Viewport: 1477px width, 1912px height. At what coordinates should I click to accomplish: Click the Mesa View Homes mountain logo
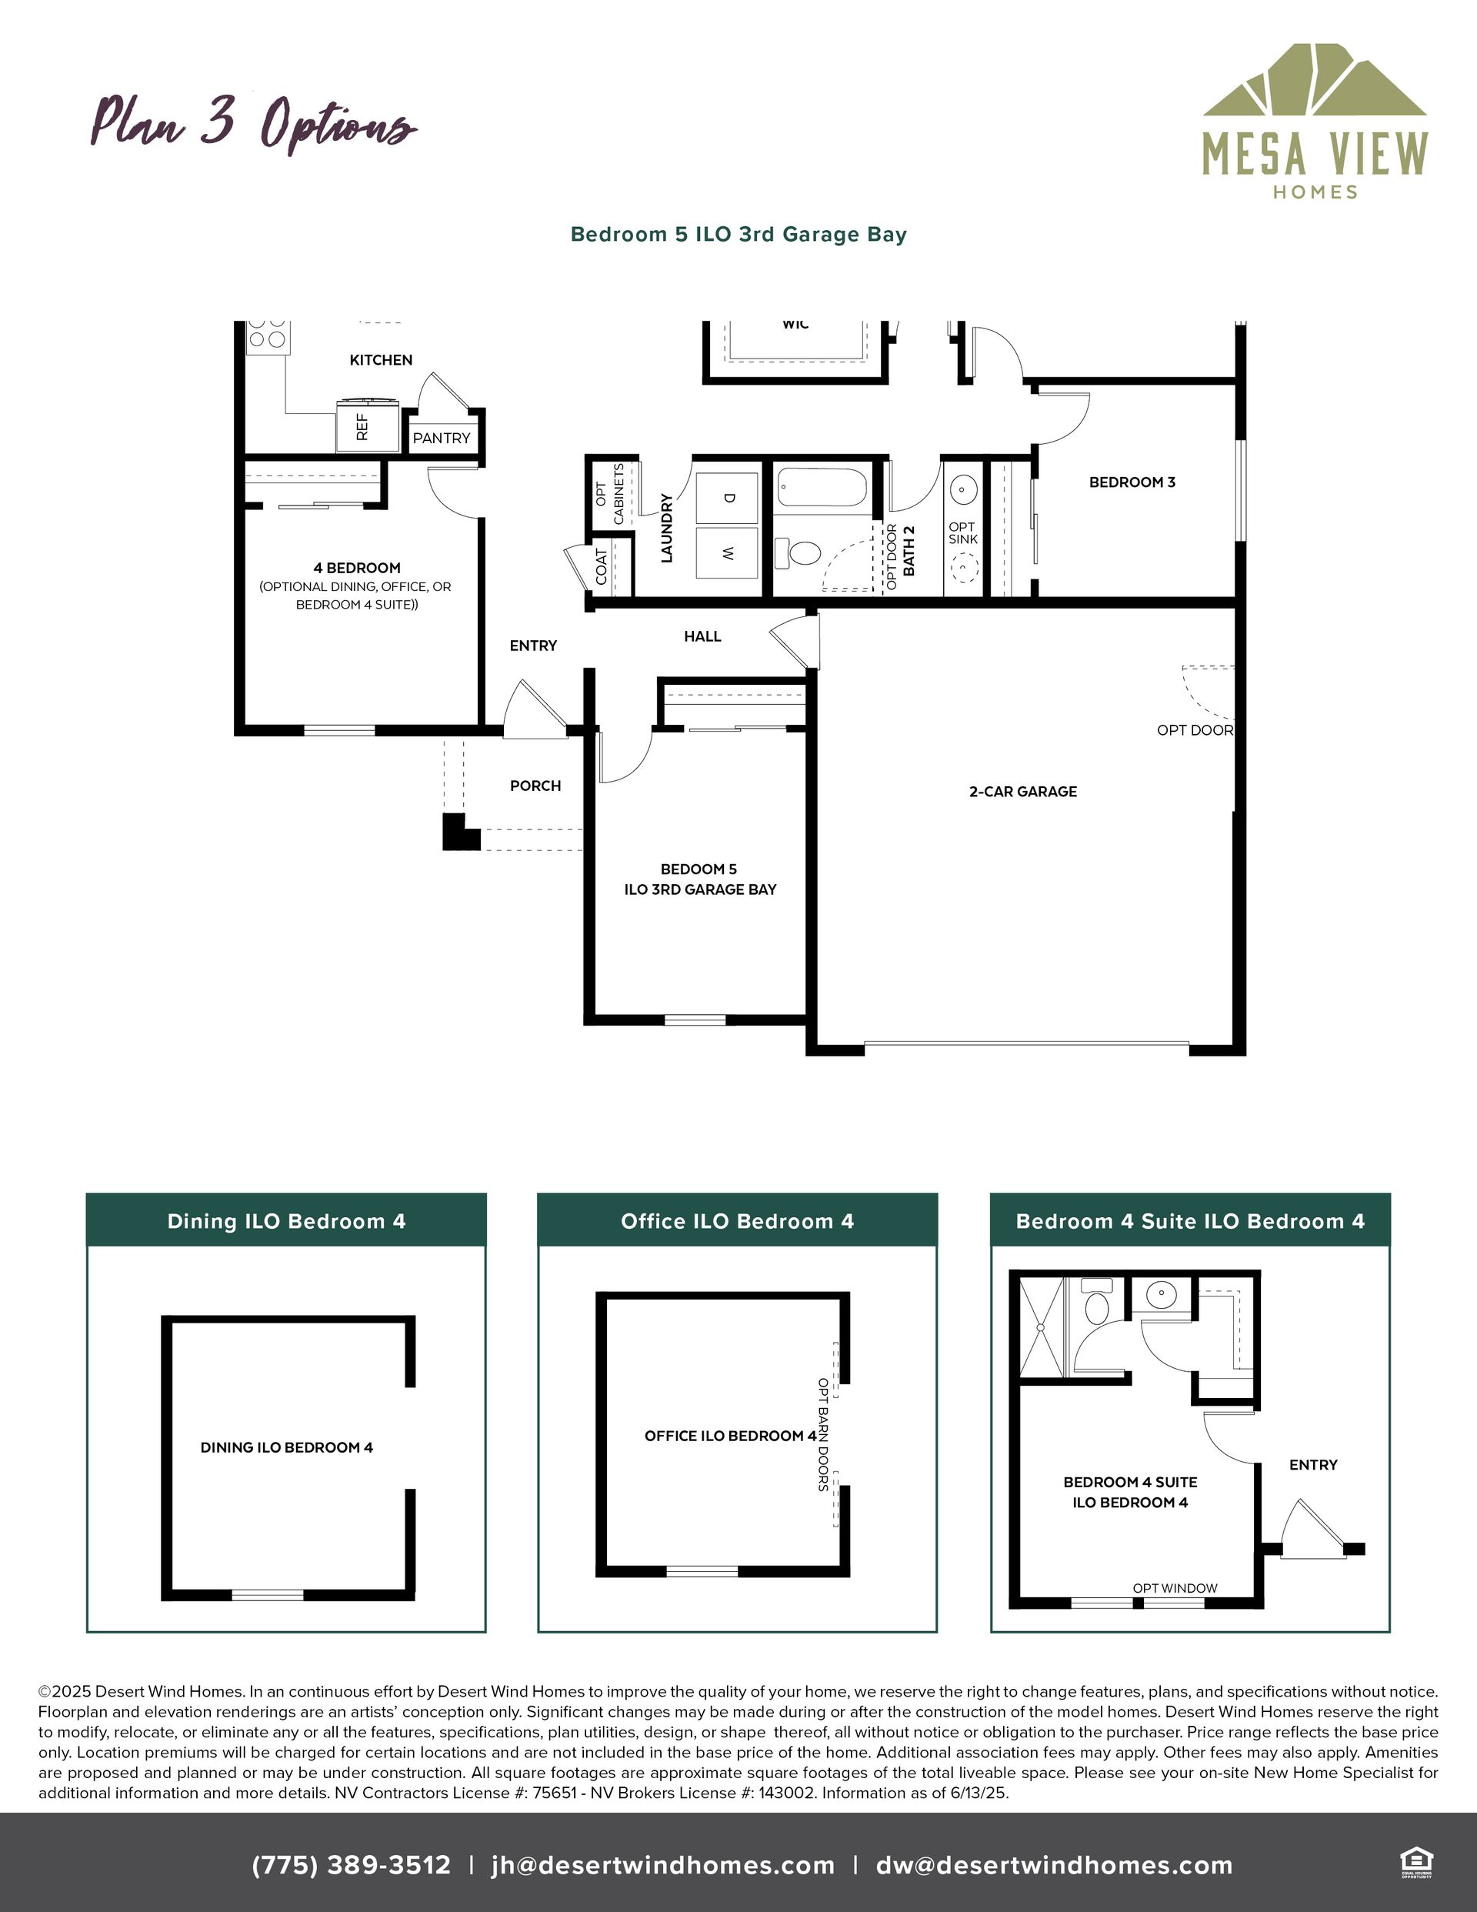1314,80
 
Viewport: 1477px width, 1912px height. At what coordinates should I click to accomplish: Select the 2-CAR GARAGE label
1022,792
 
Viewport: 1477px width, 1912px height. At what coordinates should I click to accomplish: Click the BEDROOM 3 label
1132,482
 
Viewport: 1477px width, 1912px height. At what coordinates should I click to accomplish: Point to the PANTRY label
442,438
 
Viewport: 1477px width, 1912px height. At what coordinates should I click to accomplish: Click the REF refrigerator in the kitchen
368,425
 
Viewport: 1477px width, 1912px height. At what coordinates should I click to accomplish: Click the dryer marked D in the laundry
727,498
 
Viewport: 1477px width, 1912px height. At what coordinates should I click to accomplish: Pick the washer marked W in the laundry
727,552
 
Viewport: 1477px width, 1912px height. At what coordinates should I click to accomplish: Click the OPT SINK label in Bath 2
962,533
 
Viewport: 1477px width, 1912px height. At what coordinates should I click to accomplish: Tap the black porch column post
461,832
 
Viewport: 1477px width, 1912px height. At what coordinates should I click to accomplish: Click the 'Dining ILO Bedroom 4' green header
286,1220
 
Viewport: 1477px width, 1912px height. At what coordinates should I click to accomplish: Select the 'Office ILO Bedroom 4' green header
737,1220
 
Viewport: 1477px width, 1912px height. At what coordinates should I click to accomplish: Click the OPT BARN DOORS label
823,1435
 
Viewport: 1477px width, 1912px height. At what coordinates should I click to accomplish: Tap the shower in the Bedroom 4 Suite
1042,1327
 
